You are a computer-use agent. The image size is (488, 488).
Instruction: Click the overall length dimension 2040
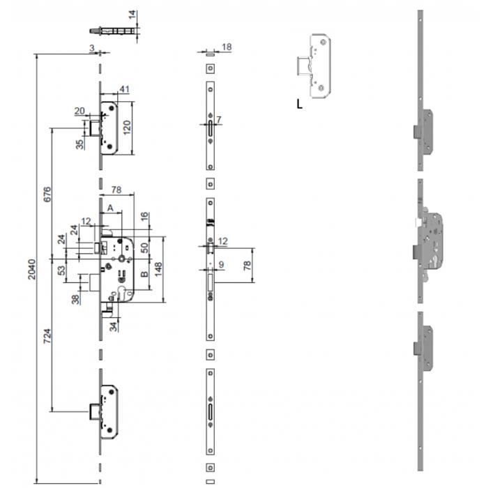click(32, 269)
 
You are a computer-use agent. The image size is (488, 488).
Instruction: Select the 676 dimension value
click(47, 195)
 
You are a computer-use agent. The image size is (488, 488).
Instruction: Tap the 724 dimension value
click(47, 336)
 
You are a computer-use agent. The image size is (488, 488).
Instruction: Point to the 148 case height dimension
click(158, 269)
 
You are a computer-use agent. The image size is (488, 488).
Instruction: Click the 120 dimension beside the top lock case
click(127, 128)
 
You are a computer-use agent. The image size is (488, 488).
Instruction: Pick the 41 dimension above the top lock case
click(125, 89)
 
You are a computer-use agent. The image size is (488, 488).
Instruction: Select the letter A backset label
click(110, 208)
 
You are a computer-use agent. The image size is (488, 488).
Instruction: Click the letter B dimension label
click(144, 274)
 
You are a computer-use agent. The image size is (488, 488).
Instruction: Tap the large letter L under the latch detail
click(299, 104)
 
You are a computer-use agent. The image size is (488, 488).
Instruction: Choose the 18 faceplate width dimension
click(227, 47)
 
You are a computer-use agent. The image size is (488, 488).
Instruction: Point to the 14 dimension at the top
click(132, 15)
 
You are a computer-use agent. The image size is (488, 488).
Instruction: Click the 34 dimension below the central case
click(113, 326)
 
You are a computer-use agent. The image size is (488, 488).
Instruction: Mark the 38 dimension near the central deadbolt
click(75, 299)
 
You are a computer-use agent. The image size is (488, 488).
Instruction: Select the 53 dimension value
click(62, 270)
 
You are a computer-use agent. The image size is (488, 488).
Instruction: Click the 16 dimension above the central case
click(144, 217)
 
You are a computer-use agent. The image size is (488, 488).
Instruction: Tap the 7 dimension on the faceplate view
click(219, 119)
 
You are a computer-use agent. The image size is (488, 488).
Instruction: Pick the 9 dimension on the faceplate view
click(221, 264)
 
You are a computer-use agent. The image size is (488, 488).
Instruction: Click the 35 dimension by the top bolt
click(79, 144)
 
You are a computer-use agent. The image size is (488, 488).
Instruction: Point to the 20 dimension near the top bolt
click(79, 111)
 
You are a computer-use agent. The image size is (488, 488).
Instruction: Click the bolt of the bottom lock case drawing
click(95, 411)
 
